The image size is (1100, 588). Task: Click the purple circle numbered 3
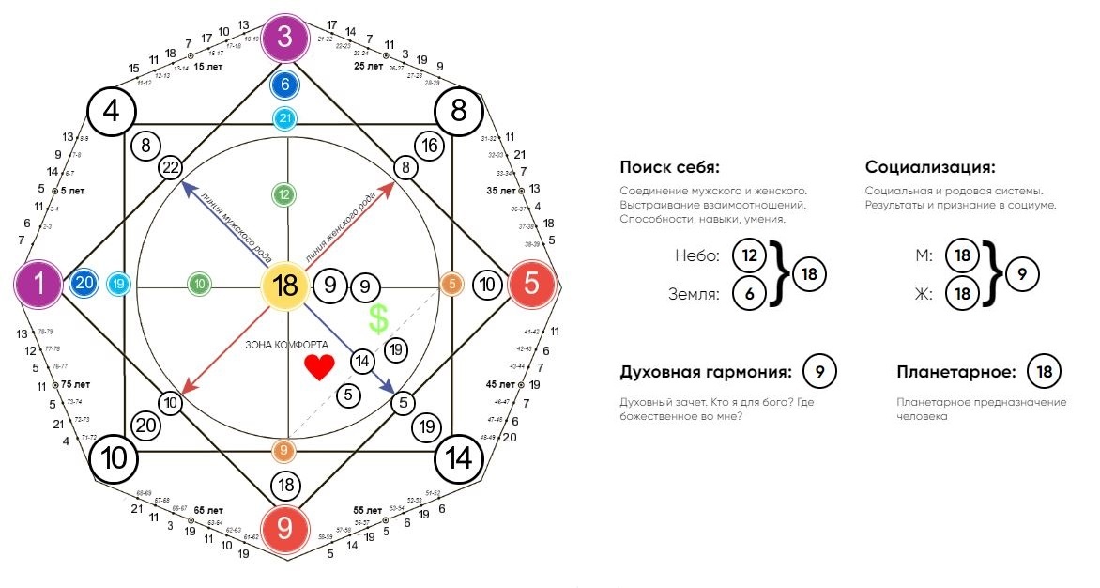click(285, 40)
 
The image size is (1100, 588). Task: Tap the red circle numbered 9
click(285, 529)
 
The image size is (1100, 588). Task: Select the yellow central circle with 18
click(285, 286)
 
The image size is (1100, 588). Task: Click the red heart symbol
click(319, 367)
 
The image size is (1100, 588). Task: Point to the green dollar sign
click(378, 319)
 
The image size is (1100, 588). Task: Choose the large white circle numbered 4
click(112, 112)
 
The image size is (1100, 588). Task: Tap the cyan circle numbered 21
click(285, 118)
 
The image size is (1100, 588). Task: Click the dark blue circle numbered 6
click(285, 85)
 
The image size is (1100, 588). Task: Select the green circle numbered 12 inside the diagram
click(284, 194)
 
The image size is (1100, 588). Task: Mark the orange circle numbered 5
click(453, 285)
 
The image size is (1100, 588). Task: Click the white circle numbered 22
click(171, 167)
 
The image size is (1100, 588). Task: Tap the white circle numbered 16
click(429, 146)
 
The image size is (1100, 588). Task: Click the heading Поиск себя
click(669, 168)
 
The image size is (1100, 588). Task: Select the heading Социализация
click(930, 168)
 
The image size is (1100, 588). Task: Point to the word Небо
click(696, 255)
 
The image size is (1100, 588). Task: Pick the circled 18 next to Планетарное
click(1045, 373)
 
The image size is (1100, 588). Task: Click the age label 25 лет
click(368, 67)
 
